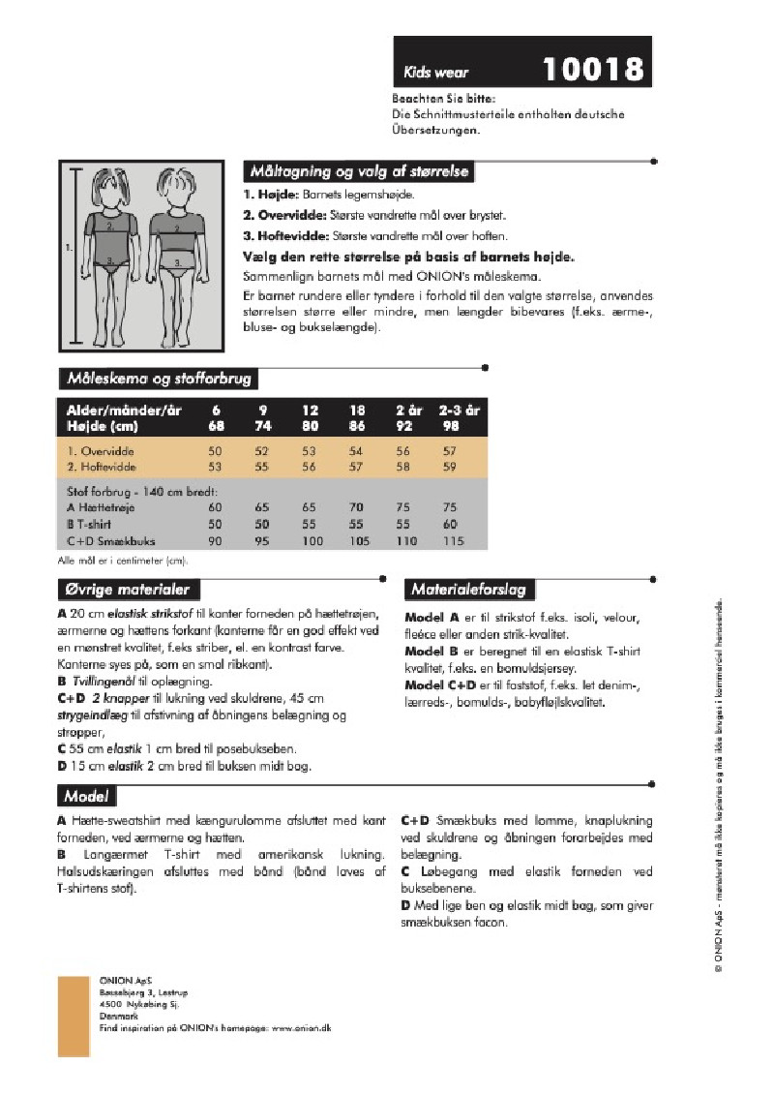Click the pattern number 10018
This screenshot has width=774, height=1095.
pyautogui.click(x=592, y=69)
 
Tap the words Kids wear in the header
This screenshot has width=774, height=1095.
pyautogui.click(x=430, y=73)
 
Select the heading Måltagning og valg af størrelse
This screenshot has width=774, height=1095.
pyautogui.click(x=359, y=172)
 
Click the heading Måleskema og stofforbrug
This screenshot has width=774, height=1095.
pyautogui.click(x=160, y=379)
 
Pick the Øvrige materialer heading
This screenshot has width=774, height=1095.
pyautogui.click(x=127, y=590)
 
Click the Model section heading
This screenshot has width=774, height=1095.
pyautogui.click(x=86, y=797)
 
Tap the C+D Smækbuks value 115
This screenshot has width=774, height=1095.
pyautogui.click(x=448, y=541)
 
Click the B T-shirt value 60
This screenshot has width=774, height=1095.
pyautogui.click(x=448, y=524)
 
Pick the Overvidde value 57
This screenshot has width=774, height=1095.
pyautogui.click(x=448, y=452)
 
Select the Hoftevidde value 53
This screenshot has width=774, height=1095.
pyautogui.click(x=215, y=468)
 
